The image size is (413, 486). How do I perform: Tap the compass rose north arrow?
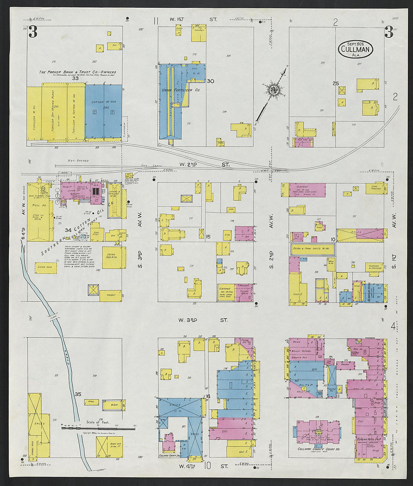point(272,90)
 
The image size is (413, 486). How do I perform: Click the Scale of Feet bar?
point(98,427)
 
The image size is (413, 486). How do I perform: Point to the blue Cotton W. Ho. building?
point(104,111)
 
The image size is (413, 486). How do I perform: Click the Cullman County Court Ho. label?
point(318,449)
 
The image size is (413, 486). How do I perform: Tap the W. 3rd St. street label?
point(203,320)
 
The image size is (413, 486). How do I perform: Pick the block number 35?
point(78,394)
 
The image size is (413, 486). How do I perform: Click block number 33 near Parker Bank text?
point(75,78)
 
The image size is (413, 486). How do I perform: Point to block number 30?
point(210,81)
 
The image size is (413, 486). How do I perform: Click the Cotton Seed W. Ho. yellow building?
point(112,257)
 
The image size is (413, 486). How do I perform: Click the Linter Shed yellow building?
point(45,267)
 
